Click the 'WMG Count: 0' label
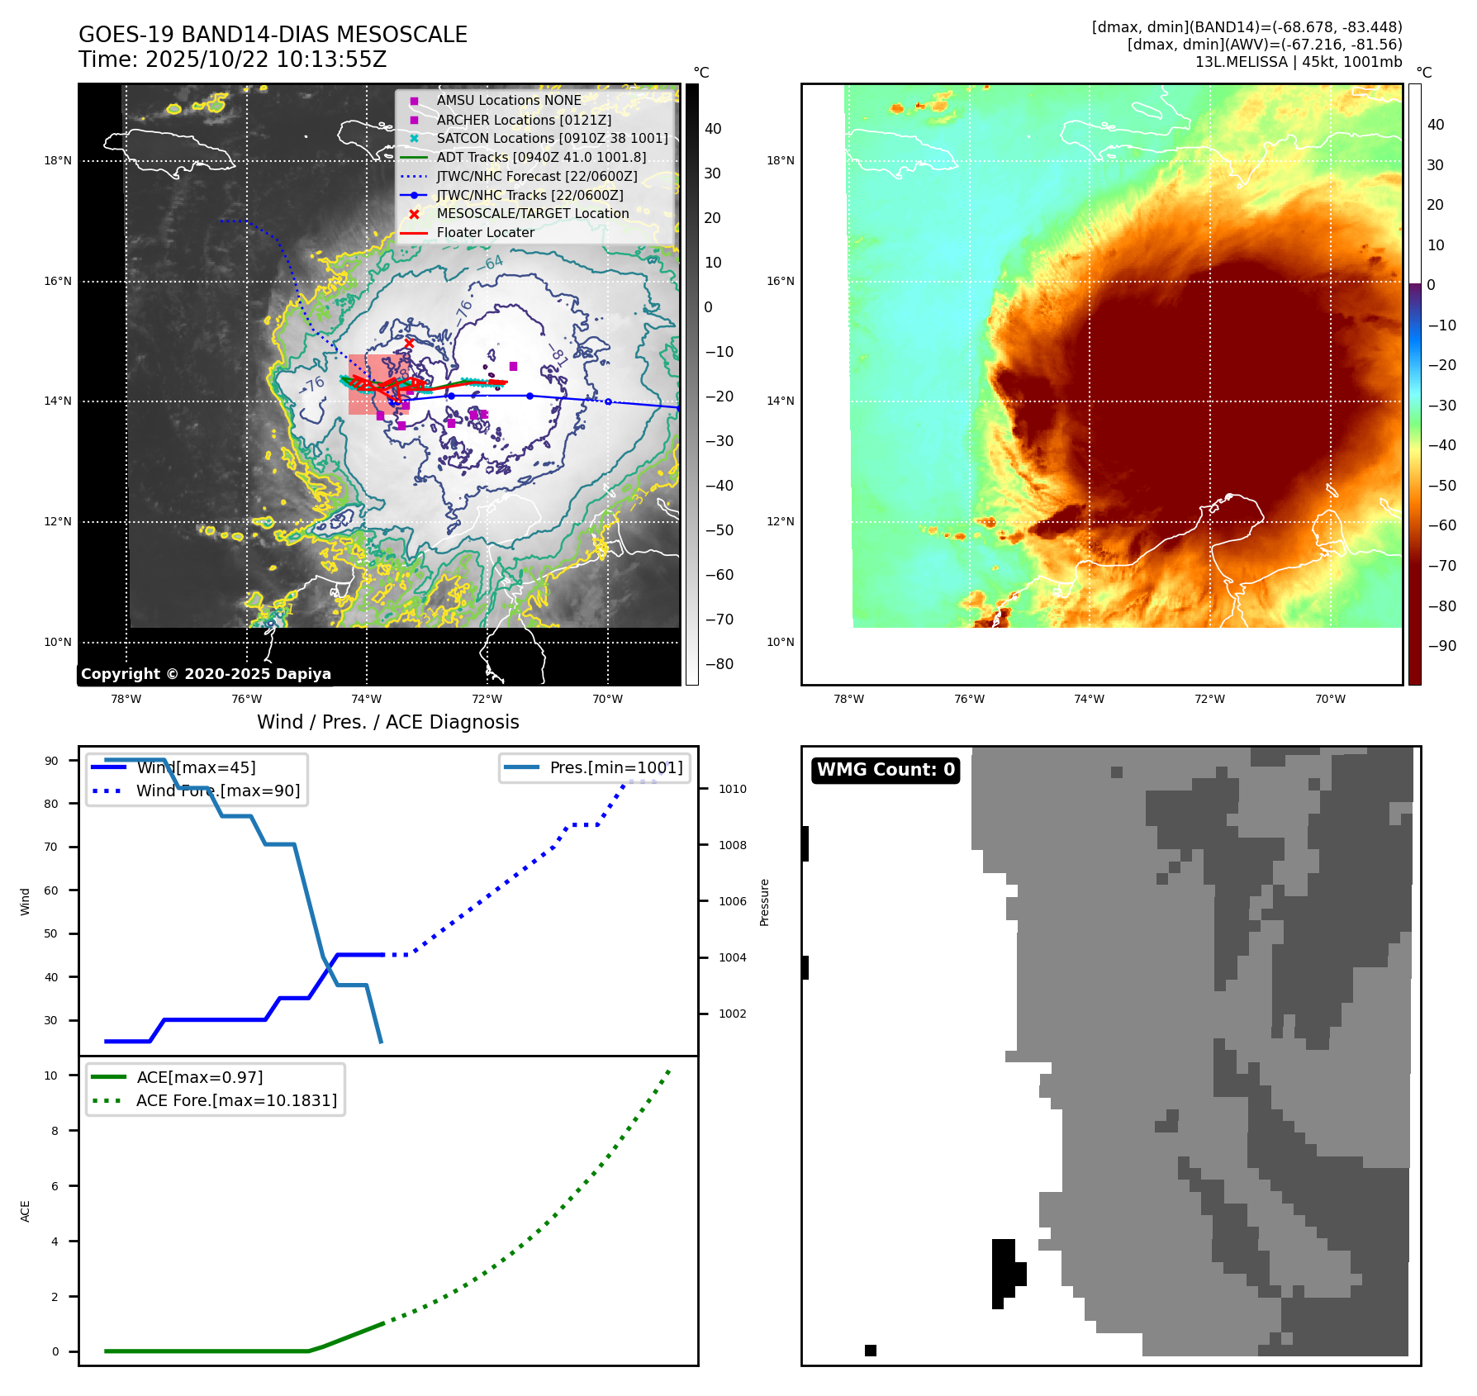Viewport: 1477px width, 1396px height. click(886, 770)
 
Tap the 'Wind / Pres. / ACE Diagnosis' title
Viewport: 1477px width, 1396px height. click(387, 722)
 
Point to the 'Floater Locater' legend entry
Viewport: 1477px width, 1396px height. click(485, 232)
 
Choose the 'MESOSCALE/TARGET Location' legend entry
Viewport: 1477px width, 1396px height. click(532, 213)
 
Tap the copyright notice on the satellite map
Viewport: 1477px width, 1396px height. click(206, 674)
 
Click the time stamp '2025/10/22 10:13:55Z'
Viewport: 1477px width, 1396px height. click(266, 59)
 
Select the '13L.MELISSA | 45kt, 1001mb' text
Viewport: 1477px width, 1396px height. click(1299, 62)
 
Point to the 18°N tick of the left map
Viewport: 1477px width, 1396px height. click(58, 161)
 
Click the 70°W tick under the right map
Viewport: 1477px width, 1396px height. click(1330, 699)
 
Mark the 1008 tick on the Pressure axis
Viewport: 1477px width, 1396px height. click(732, 845)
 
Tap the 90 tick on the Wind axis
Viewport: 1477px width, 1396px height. click(51, 761)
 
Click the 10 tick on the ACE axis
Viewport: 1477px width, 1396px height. click(51, 1075)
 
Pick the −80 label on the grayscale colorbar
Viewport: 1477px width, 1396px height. click(719, 664)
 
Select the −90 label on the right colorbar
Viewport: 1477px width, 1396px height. click(1441, 646)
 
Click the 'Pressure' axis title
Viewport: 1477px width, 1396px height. click(765, 902)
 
